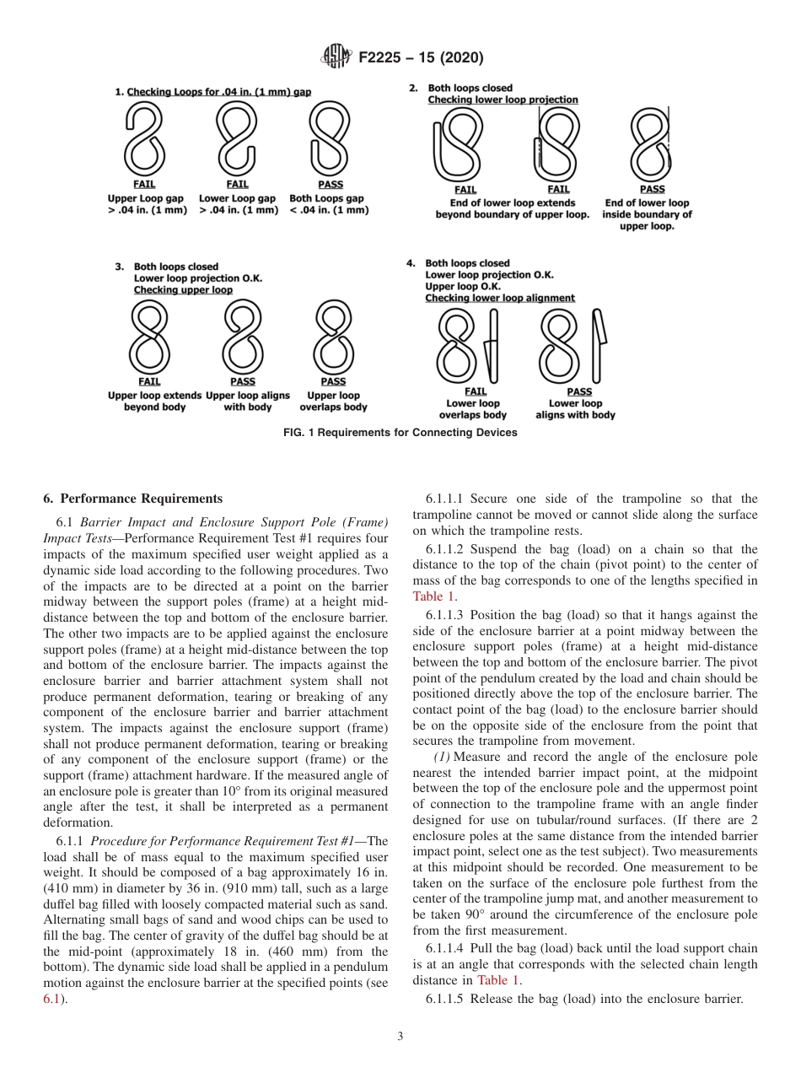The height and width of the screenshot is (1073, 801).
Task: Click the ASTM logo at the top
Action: coord(338,57)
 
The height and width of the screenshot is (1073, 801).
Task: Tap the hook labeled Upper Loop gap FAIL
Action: coord(145,140)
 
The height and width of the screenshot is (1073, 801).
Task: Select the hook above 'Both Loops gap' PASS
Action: coord(330,140)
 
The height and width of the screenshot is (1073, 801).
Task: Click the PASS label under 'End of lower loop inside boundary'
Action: coord(652,190)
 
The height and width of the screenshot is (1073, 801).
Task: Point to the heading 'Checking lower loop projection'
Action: coord(503,100)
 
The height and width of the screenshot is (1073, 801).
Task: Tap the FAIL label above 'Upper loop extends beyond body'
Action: coord(149,382)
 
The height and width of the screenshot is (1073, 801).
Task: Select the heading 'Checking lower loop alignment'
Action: coord(499,298)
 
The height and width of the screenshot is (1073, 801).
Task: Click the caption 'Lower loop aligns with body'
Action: coord(575,409)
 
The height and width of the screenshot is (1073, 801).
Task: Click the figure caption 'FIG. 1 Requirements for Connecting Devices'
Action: coord(400,433)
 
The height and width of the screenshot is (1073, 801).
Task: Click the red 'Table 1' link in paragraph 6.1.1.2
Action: coord(433,596)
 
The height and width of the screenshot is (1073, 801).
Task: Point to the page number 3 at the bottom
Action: coord(400,1037)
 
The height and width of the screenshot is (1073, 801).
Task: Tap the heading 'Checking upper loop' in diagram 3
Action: coord(183,290)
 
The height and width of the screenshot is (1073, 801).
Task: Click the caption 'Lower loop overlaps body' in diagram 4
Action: coord(472,409)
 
